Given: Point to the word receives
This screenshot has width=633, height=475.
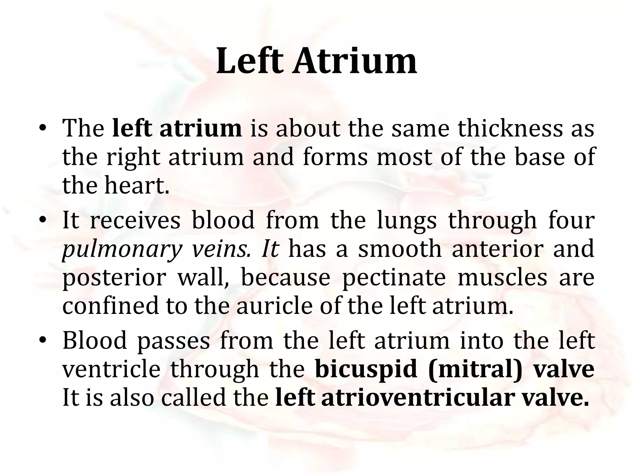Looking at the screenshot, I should (135, 220).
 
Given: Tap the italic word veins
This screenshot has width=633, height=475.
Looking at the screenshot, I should (221, 249).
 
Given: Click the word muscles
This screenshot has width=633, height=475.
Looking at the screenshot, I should (502, 278).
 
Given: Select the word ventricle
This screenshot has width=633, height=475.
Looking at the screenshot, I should (111, 369).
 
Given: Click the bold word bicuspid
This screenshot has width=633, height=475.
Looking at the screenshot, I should (366, 370).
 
